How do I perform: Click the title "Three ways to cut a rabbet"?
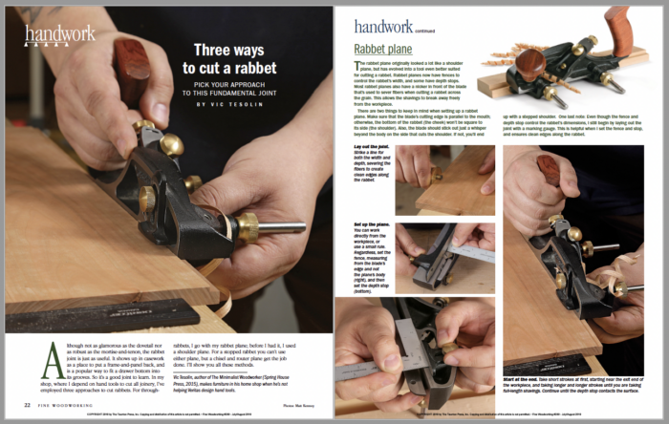235,58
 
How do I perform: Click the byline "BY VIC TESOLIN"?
235,104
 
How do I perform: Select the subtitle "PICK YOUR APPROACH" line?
235,82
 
